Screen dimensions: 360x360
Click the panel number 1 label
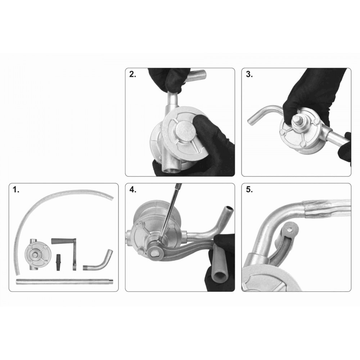16,190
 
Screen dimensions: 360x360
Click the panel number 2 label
132,75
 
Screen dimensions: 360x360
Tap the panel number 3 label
249,75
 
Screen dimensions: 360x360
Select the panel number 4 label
133,190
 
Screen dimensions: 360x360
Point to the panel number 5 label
249,190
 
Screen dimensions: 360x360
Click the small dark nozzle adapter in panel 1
59,262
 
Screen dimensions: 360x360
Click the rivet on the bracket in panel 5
289,229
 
